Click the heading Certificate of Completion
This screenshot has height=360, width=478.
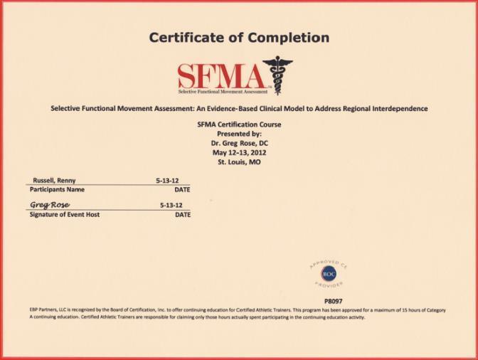239,38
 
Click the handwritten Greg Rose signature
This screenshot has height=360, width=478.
50,204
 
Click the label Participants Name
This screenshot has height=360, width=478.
57,190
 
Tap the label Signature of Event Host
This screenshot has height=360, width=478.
64,214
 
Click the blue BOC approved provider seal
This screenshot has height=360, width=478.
328,273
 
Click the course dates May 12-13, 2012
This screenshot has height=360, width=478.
239,152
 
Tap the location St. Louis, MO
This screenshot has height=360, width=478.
239,162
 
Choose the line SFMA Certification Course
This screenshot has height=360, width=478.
239,125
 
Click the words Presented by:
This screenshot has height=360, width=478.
239,134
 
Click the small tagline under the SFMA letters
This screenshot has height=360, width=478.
223,91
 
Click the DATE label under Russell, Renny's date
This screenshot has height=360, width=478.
182,190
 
